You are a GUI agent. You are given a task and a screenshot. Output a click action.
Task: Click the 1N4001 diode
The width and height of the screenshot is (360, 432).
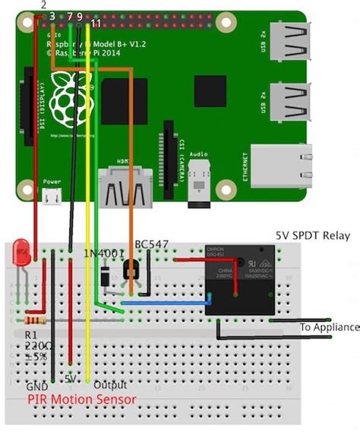(103, 279)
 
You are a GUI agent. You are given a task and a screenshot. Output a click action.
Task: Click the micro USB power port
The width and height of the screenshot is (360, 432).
(52, 197)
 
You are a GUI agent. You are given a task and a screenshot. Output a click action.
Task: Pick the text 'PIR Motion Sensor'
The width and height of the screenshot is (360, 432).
(82, 399)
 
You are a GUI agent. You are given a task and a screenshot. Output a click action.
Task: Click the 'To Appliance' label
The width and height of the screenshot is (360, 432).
(329, 327)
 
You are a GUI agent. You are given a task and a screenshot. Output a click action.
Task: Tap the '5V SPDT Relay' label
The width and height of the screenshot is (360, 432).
(312, 235)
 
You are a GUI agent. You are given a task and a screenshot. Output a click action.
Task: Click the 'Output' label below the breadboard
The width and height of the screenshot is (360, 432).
(110, 385)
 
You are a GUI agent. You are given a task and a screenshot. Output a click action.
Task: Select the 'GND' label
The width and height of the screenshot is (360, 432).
(36, 386)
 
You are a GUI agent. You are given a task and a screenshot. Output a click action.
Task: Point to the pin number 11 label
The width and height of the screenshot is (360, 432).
(95, 24)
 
